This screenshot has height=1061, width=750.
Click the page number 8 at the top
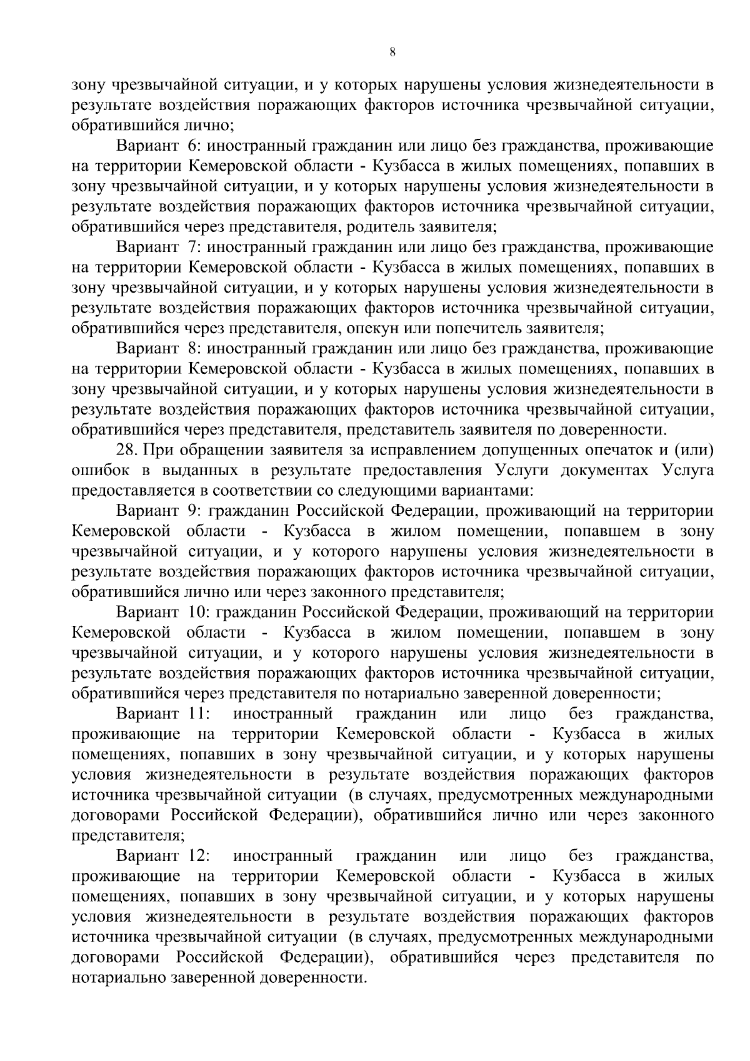click(x=392, y=53)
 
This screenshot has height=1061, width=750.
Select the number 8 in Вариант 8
click(x=191, y=348)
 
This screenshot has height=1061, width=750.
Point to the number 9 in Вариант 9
click(x=192, y=511)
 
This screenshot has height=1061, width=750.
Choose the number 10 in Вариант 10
click(x=196, y=612)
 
